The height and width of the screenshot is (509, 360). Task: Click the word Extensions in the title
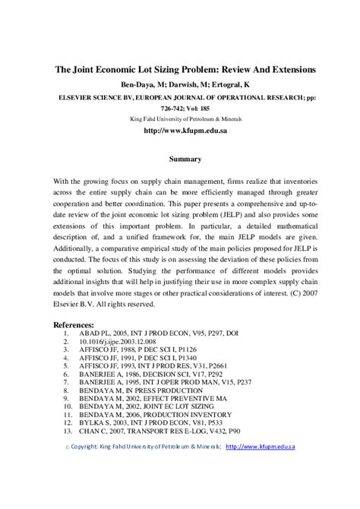pyautogui.click(x=286, y=69)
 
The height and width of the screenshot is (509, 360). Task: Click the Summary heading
pyautogui.click(x=185, y=159)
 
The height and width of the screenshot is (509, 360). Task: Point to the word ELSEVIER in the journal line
pyautogui.click(x=81, y=98)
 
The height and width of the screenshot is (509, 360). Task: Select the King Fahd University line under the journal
pyautogui.click(x=185, y=119)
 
